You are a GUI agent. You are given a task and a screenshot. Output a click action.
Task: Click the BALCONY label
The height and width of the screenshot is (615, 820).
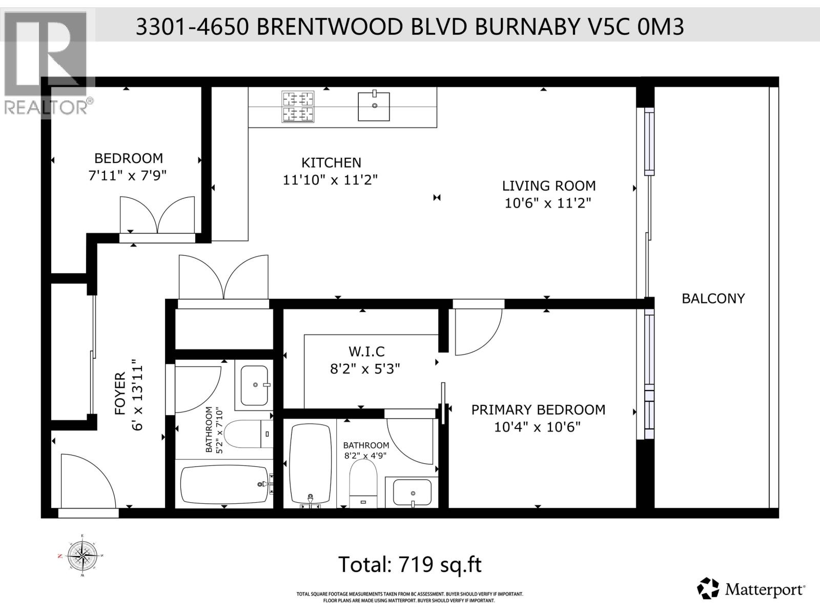pos(713,298)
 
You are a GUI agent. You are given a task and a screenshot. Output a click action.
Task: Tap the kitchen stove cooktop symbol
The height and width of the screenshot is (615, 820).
pos(298,107)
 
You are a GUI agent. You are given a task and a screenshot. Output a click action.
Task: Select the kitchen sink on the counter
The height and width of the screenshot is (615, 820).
pos(374,106)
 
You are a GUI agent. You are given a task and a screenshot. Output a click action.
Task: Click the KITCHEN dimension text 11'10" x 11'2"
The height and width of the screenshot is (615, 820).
pos(330,180)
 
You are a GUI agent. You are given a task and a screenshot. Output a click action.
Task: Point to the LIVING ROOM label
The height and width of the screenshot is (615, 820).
pos(548,186)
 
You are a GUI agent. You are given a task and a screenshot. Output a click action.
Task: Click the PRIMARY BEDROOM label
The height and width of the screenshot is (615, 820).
pos(538,409)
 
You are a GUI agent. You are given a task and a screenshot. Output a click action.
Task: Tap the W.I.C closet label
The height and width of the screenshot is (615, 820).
pos(366,352)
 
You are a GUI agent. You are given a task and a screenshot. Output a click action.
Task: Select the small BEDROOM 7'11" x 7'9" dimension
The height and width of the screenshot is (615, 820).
pos(128,176)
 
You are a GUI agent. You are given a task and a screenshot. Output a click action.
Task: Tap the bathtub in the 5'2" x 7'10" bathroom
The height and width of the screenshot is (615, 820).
pos(224,484)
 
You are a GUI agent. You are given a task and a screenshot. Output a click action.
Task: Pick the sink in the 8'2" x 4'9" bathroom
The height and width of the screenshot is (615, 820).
pos(412,492)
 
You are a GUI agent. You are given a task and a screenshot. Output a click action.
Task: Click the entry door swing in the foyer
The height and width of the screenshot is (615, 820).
pos(84,482)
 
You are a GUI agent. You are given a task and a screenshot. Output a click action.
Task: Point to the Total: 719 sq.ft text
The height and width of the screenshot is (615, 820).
pos(409,564)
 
